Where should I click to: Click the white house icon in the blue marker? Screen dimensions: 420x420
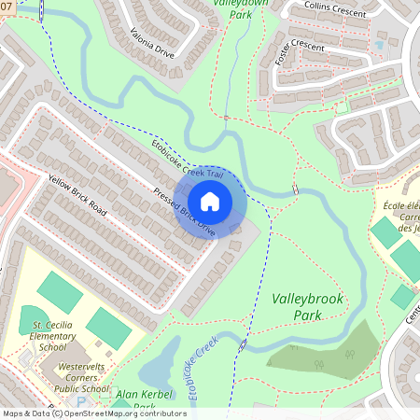click(x=210, y=202)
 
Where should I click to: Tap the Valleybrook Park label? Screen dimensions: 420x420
click(x=308, y=307)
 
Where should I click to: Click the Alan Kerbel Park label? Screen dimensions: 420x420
click(x=138, y=400)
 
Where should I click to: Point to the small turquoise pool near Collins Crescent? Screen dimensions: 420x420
click(x=380, y=44)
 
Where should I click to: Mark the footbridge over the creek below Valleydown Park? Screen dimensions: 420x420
click(x=226, y=118)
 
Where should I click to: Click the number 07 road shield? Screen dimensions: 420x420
click(x=7, y=7)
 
